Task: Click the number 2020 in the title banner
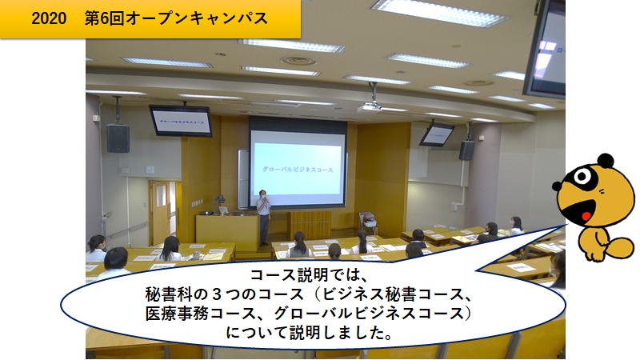tap(49, 18)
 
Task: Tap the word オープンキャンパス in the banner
tap(197, 18)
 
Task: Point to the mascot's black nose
tap(556, 186)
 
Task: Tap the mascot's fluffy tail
tap(621, 248)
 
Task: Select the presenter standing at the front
tap(264, 217)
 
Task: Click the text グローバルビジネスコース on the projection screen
tap(298, 170)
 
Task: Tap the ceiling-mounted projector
tap(370, 107)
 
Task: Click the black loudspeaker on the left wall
tap(118, 138)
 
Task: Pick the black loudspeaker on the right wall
tap(466, 150)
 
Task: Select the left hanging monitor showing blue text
tap(181, 121)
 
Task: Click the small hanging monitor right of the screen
tap(436, 135)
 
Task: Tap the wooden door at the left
tap(159, 212)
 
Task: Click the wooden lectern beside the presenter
tap(227, 233)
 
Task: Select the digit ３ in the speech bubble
tap(218, 294)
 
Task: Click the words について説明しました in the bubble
tap(303, 333)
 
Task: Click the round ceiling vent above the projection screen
tap(298, 62)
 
